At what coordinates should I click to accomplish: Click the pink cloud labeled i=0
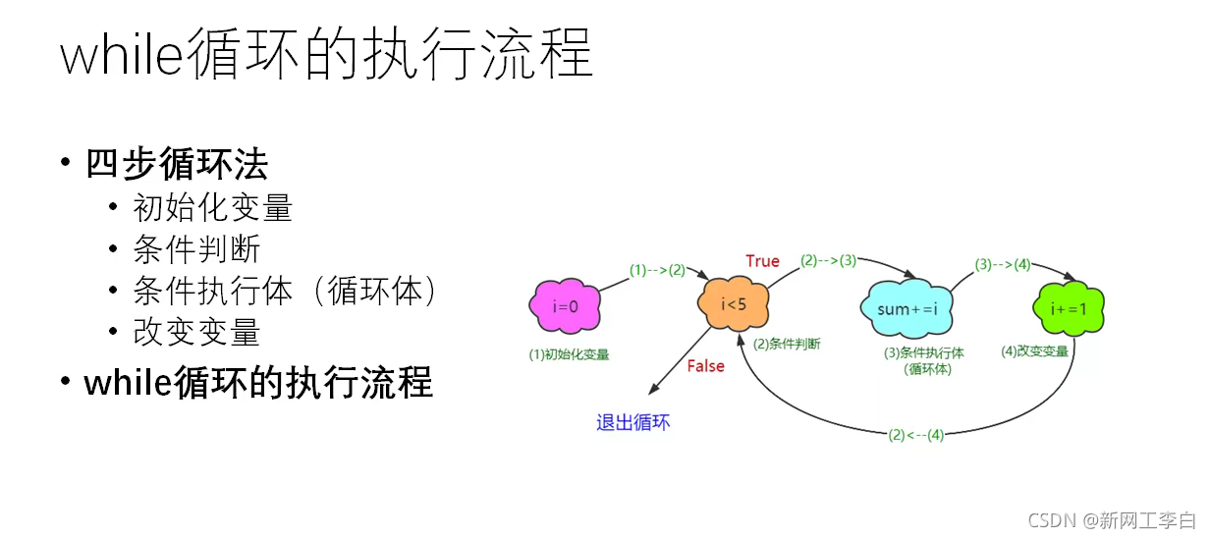point(565,307)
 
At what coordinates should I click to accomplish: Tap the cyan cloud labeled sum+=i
point(908,309)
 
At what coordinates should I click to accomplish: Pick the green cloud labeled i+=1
point(1069,308)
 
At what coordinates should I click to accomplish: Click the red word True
point(762,261)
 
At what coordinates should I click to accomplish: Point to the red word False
point(705,366)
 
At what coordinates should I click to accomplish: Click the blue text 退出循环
point(633,423)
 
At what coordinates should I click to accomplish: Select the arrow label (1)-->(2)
point(657,270)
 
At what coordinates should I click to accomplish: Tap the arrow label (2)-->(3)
point(828,261)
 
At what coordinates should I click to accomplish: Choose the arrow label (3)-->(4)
point(1003,264)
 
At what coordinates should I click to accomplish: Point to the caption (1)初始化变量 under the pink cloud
point(569,352)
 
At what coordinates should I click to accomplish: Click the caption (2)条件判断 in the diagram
point(787,345)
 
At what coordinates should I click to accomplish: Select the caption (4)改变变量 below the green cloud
point(1034,350)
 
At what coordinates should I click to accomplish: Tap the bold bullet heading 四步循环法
point(177,164)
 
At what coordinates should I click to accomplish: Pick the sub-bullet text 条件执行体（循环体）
point(285,291)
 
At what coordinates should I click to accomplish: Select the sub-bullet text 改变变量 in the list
point(196,332)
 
